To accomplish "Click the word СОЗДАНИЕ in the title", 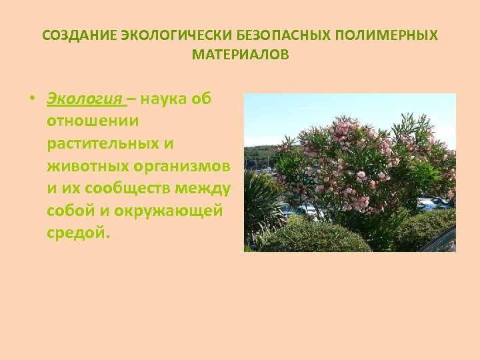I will [79, 36].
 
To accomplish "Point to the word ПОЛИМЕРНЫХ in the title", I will [389, 36].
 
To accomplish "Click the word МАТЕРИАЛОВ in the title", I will [240, 55].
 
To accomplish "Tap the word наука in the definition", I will [165, 99].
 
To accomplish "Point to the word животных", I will [83, 166].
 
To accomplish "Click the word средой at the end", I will [75, 233].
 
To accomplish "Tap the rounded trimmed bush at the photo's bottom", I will [313, 237].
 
